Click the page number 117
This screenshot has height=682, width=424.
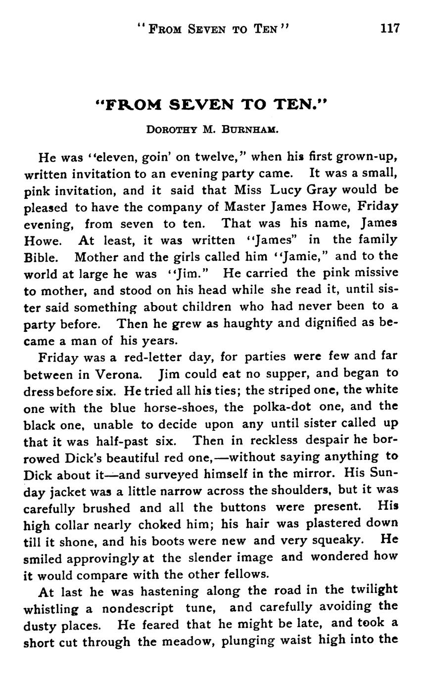[x=389, y=28]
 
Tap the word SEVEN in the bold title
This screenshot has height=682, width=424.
[x=202, y=104]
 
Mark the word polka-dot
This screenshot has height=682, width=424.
[x=282, y=408]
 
